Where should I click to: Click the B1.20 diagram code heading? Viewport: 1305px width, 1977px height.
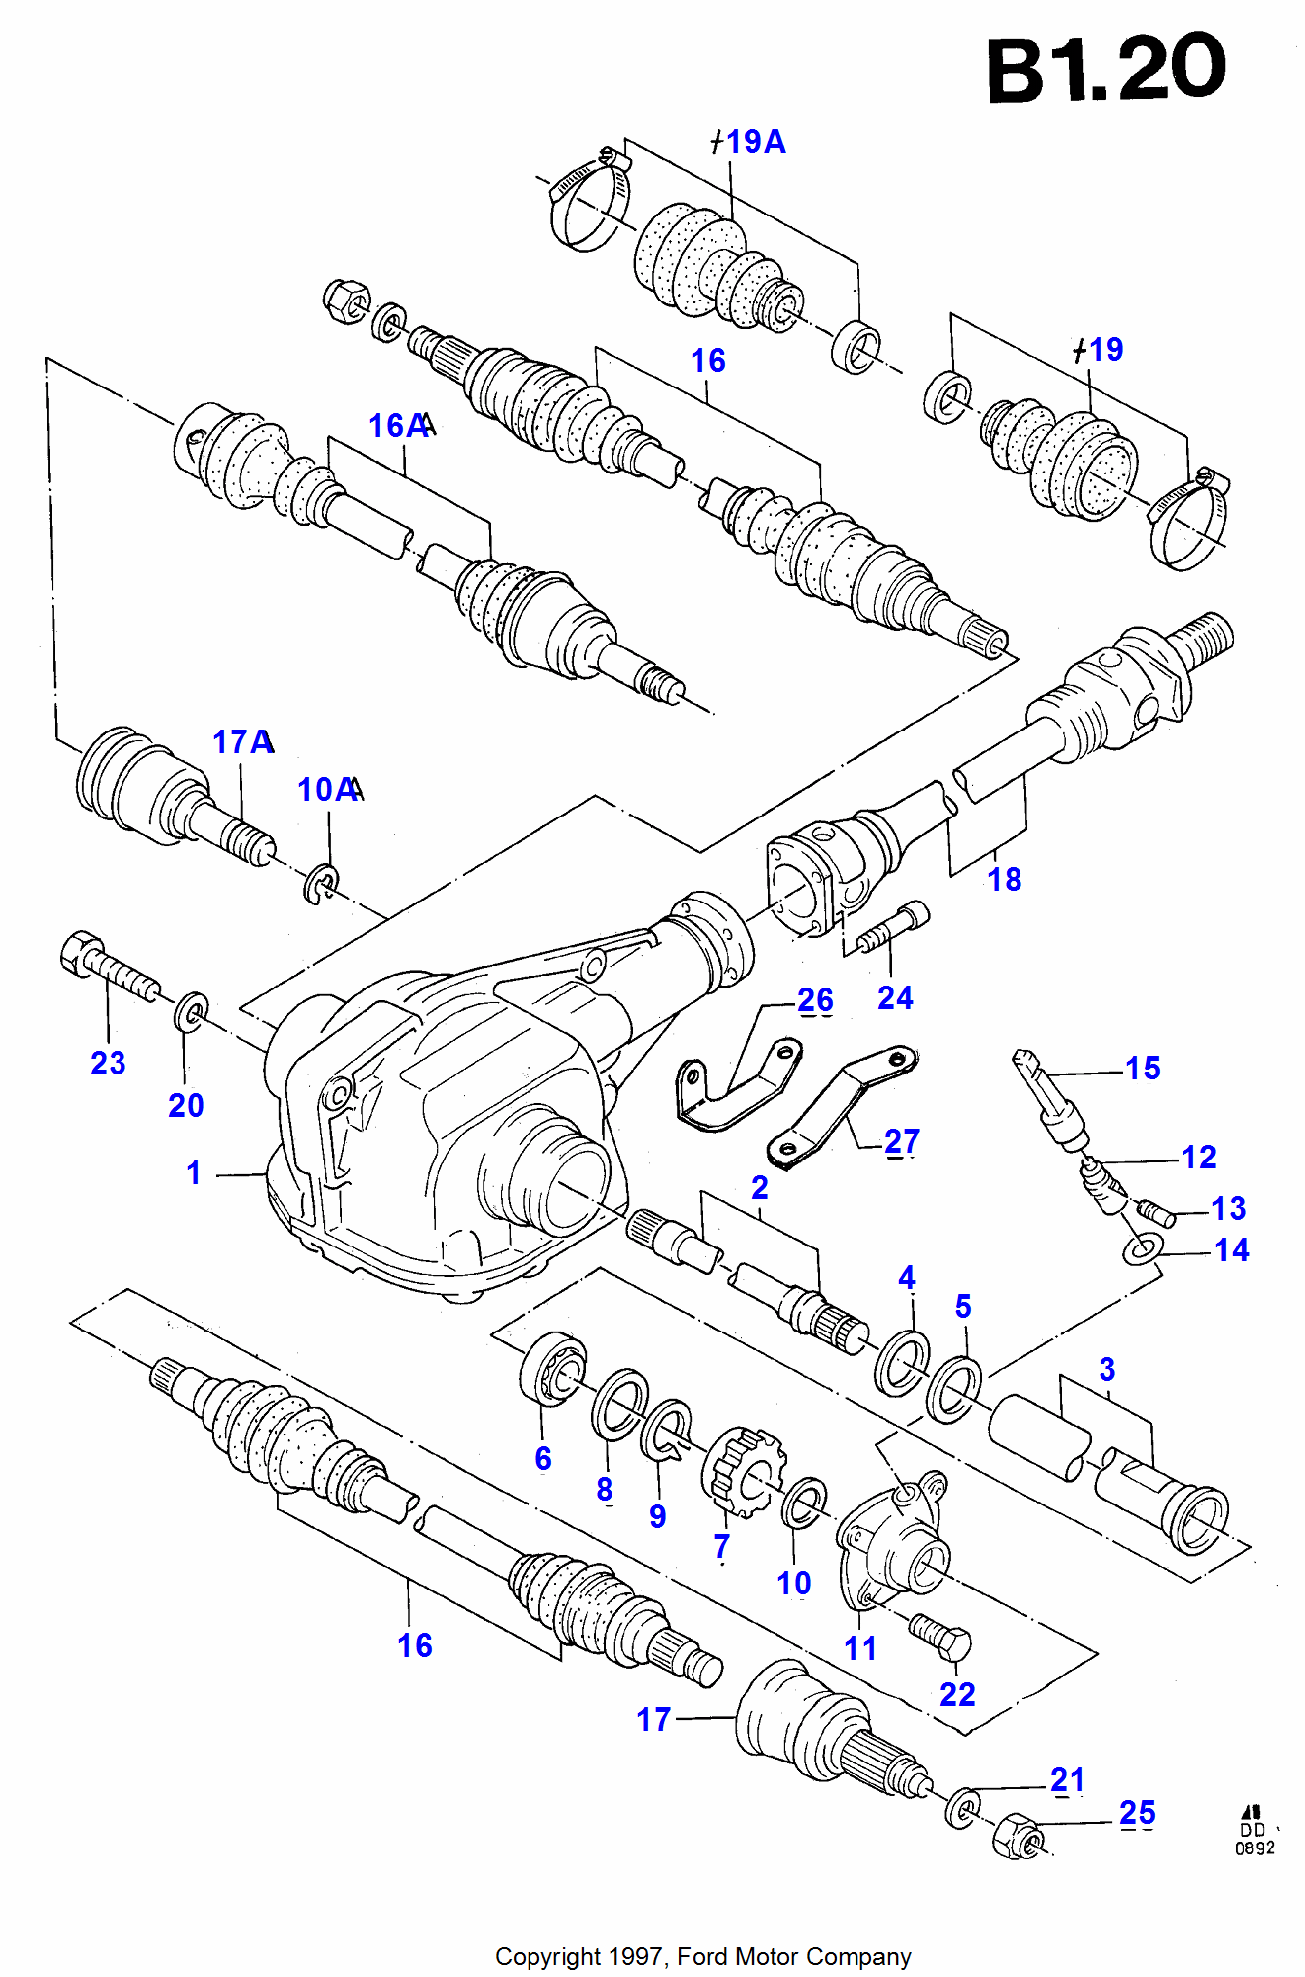1106,69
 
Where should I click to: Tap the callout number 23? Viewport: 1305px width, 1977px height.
108,1063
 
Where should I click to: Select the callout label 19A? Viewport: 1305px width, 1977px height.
755,142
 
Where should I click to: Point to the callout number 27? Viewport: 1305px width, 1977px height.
902,1142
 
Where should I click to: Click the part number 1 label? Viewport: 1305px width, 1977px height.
194,1173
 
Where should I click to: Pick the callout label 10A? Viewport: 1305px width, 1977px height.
328,790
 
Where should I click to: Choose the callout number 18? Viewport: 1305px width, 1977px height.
1005,879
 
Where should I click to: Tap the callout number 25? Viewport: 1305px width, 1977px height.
1137,1812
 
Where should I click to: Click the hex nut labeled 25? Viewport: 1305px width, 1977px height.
1019,1837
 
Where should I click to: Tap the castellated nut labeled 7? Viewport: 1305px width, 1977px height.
744,1473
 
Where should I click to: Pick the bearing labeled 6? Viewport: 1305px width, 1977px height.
552,1367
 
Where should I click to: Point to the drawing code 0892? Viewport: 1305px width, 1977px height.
1255,1848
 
